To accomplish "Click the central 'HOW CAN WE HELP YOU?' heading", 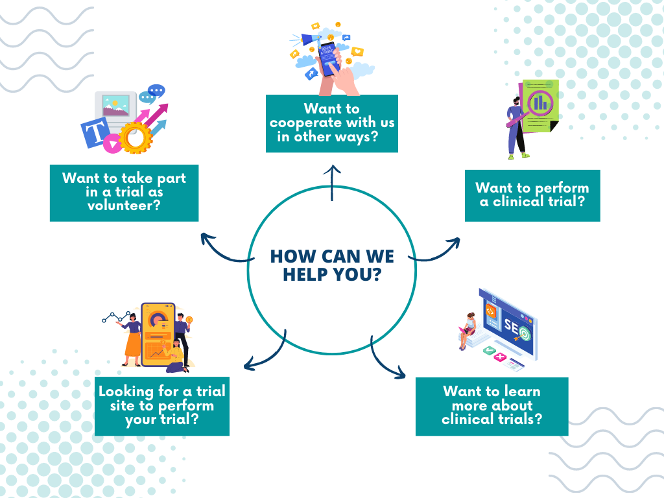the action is tap(332, 265).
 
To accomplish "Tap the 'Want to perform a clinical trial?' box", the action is tap(532, 195).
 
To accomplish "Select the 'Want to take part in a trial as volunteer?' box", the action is tap(124, 193).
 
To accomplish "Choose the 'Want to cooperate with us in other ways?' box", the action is tap(332, 123).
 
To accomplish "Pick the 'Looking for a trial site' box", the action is tap(161, 406).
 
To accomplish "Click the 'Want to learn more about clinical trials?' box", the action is tap(492, 406).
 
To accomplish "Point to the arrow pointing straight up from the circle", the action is tap(332, 182).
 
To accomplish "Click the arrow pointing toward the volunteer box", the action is tap(224, 252).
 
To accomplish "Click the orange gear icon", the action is tap(136, 137).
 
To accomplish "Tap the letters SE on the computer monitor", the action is tap(512, 326).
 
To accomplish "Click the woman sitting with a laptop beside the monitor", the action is tap(468, 330).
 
